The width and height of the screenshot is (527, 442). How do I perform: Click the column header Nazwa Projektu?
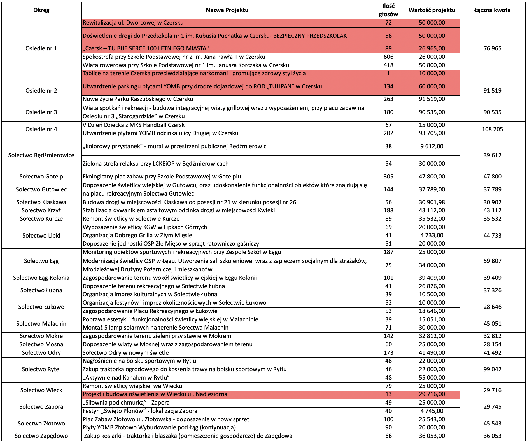tap(227, 10)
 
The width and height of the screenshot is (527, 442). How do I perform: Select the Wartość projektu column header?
tap(432, 10)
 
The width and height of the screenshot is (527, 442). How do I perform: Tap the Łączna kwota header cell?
tap(492, 10)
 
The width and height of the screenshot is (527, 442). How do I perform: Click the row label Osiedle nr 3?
tap(41, 112)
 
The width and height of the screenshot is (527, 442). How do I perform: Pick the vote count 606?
tap(388, 57)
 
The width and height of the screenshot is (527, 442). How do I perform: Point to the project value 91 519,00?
tap(432, 99)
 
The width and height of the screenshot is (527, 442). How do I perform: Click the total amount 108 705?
tap(492, 129)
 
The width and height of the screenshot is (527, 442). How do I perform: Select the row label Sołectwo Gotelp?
tap(41, 177)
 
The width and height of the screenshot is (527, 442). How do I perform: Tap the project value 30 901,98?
tap(432, 202)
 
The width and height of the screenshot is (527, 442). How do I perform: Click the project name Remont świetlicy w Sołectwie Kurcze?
tap(131, 219)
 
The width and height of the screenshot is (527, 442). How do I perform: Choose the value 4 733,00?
tap(432, 235)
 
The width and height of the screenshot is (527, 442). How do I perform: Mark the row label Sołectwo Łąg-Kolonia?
tap(41, 278)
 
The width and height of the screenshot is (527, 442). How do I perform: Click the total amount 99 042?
tap(492, 369)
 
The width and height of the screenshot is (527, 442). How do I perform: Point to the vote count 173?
tap(388, 353)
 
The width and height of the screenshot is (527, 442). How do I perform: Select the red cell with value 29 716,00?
tap(432, 394)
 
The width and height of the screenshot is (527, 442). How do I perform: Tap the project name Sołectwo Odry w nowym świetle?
tap(126, 353)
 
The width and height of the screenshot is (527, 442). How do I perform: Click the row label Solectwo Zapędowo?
tap(41, 436)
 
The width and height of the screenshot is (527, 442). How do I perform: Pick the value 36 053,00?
tap(432, 436)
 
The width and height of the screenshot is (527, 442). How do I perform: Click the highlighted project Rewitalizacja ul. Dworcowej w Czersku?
tap(133, 23)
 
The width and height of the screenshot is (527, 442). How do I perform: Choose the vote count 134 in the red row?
tap(388, 86)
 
